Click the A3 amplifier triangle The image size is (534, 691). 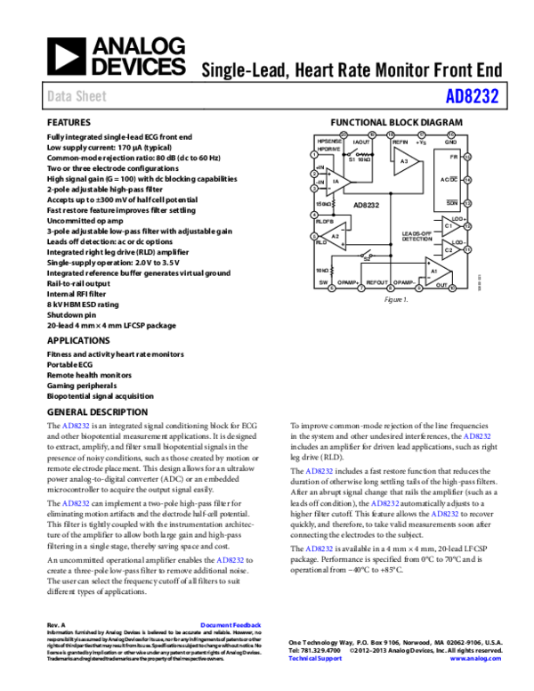coord(405,161)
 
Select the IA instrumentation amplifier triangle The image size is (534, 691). coord(336,182)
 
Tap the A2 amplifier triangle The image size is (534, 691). coord(335,236)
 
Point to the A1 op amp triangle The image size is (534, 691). coord(436,271)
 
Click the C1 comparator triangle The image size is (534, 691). coord(450,226)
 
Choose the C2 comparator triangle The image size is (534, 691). coord(450,250)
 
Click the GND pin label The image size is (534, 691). coord(450,142)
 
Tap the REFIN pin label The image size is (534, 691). coord(400,142)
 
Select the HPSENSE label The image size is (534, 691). coord(329,142)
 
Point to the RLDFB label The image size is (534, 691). coord(324,220)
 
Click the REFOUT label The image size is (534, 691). coord(377,282)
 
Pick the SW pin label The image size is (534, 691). coord(323,282)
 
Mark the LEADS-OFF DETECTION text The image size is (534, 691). coord(417,236)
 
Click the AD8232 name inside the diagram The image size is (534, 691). coord(367,205)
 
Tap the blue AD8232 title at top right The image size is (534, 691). coord(471,96)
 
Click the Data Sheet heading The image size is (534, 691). coord(77,96)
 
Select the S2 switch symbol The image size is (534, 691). coord(366,256)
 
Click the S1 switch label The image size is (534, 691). coord(351,160)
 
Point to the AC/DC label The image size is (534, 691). coord(449,180)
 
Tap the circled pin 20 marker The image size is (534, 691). coord(343,134)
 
